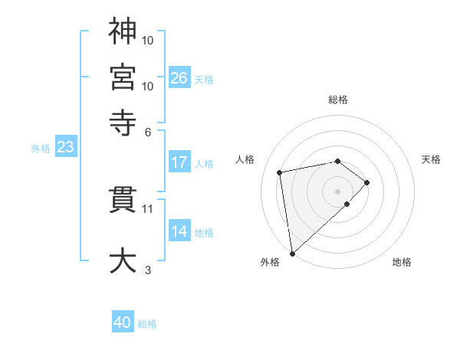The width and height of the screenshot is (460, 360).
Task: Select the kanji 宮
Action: point(123,77)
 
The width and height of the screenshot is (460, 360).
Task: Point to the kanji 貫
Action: point(123,201)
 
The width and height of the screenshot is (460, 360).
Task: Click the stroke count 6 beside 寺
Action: point(148,131)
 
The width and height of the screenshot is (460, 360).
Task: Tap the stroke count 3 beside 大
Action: point(148,270)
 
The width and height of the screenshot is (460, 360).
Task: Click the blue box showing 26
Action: point(179,78)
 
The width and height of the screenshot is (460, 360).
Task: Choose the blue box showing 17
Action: point(179,162)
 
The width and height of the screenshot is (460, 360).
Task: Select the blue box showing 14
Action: point(179,231)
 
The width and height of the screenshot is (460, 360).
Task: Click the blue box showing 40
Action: point(123,323)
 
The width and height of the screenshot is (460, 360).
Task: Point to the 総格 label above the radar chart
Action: point(338,100)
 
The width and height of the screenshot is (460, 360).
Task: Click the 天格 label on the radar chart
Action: point(431,159)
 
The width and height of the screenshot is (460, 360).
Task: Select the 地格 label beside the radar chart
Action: point(402,263)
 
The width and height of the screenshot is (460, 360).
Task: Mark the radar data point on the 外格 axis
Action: point(292,253)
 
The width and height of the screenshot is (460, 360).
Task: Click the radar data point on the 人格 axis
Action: point(281,172)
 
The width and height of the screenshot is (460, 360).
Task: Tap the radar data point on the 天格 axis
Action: point(367,182)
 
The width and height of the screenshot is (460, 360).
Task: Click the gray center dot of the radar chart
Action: point(338,191)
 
